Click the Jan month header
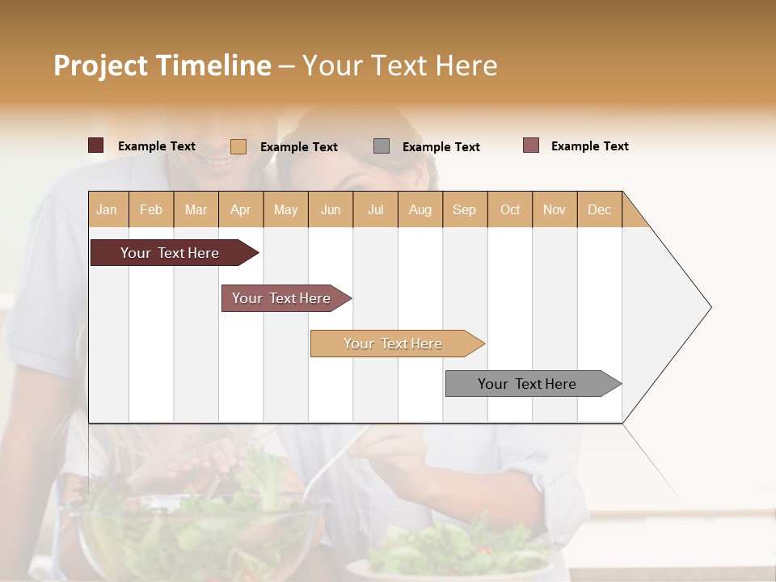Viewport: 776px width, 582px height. click(x=108, y=209)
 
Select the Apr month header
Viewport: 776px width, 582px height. click(x=241, y=209)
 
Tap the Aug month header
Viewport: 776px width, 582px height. click(x=420, y=209)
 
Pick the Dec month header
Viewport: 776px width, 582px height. click(x=599, y=209)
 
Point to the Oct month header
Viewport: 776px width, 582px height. click(x=510, y=209)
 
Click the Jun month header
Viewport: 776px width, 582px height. click(x=331, y=209)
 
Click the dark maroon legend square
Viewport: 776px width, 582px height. click(x=96, y=145)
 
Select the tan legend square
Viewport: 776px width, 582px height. click(x=238, y=146)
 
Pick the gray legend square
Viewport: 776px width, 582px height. click(x=382, y=146)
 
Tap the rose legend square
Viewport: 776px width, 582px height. click(x=531, y=145)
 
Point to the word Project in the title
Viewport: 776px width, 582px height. click(x=100, y=65)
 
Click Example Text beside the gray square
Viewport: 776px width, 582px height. click(x=441, y=146)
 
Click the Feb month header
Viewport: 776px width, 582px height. click(x=151, y=209)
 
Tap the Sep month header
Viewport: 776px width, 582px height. click(x=464, y=209)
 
